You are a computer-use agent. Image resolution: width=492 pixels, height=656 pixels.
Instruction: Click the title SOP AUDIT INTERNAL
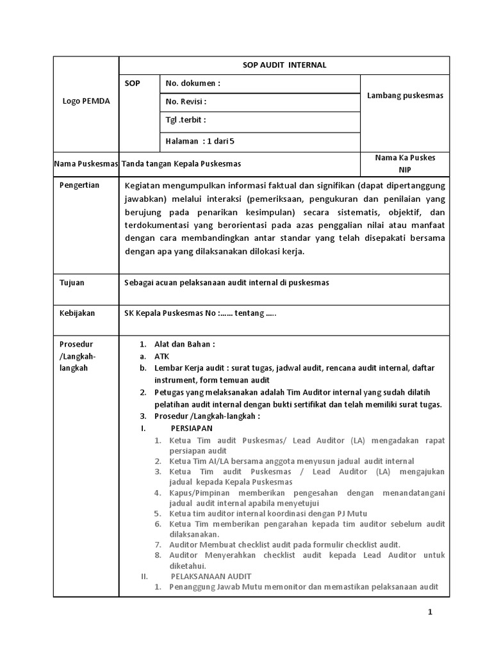pos(284,65)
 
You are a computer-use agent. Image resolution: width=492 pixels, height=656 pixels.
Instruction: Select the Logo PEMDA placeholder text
pos(86,102)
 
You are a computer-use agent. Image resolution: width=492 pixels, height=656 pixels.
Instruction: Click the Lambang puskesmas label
pos(405,95)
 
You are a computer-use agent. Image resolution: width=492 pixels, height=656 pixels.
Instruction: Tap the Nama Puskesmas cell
pos(86,164)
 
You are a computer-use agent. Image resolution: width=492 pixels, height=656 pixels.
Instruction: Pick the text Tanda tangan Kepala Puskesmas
pos(181,164)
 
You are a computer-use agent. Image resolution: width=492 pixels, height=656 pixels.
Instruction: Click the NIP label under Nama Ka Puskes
pos(405,170)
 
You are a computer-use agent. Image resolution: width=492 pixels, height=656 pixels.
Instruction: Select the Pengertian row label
pos(79,185)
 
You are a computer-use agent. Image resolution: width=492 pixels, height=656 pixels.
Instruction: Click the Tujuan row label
pos(72,283)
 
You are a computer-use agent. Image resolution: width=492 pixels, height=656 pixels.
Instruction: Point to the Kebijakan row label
pos(77,313)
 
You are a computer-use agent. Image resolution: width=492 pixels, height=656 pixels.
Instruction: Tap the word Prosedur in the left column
pos(76,344)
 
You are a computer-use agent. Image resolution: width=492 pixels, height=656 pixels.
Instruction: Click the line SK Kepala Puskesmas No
pos(200,313)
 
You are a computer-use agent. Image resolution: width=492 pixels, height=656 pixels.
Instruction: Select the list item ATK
pos(161,356)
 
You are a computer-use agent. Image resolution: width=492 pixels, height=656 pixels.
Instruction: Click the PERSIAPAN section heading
pos(192,428)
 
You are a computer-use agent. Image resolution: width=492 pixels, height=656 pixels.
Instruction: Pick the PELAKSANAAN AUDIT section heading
pos(211,576)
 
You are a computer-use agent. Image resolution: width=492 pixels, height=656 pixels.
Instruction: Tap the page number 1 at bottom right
pos(430,612)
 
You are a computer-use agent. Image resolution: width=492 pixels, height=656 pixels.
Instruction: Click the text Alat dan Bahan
pos(184,344)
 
